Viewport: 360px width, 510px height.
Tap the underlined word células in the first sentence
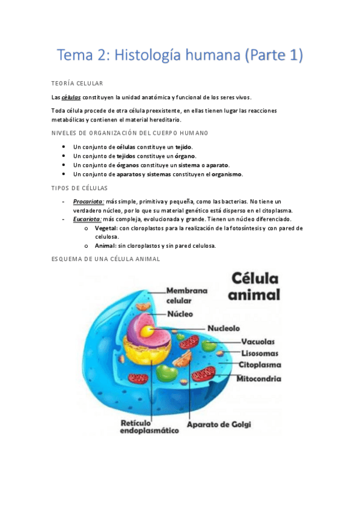(72, 97)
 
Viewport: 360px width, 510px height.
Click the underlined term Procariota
(88, 201)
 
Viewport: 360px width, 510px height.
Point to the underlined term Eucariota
(88, 220)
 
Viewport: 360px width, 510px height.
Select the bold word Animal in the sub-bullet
(106, 245)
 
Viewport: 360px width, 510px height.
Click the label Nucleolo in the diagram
(224, 329)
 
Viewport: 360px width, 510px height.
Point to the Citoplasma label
(260, 365)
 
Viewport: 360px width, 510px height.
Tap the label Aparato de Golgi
(219, 424)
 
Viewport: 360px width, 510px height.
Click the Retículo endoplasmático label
(150, 426)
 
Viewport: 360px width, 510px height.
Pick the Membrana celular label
(186, 295)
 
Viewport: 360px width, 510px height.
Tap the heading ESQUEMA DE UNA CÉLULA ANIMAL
(106, 259)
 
